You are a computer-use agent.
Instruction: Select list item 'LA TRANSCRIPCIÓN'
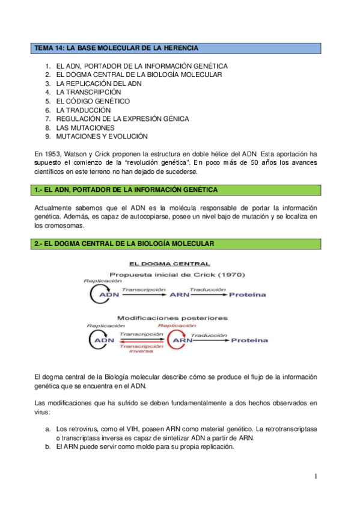click(88, 93)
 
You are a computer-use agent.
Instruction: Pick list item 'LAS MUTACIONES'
click(85, 128)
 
